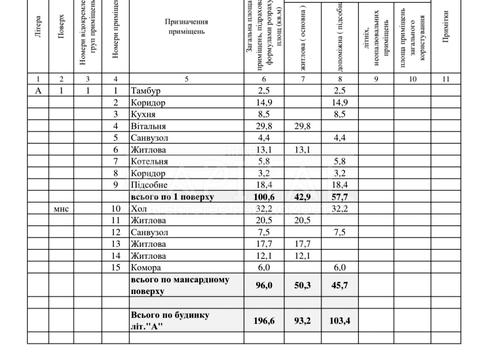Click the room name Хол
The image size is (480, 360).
point(140,209)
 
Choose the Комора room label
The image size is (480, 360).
point(148,268)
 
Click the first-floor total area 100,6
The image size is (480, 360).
point(263,197)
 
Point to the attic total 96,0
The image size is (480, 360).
point(263,286)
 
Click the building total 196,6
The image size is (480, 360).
point(263,320)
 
